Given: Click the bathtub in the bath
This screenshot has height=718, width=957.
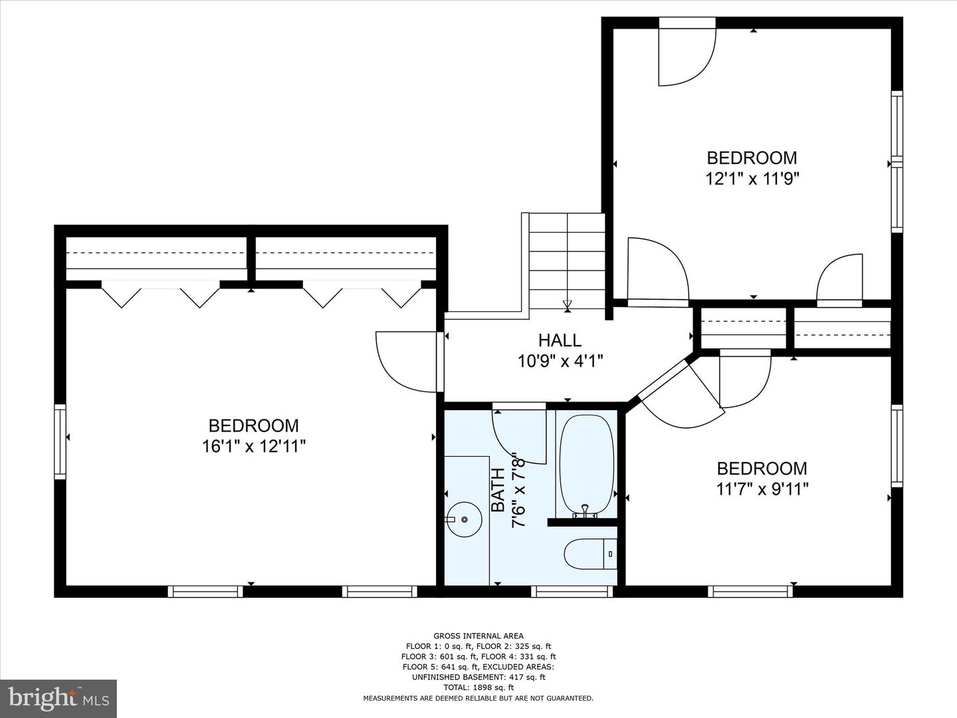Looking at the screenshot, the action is click(586, 465).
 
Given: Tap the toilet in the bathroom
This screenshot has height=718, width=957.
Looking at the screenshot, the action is click(590, 554).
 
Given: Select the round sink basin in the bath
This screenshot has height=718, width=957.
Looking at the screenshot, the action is click(465, 519).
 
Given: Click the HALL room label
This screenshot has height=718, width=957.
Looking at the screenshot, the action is click(560, 340).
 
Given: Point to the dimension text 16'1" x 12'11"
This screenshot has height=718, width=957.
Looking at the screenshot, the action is click(254, 446).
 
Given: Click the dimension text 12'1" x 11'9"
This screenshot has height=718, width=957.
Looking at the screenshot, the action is click(752, 178).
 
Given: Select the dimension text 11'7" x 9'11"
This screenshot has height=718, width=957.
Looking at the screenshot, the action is click(762, 489).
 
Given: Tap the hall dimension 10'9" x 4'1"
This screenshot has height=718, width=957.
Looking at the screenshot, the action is click(560, 361).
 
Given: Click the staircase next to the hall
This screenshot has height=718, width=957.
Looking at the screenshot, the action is click(567, 261).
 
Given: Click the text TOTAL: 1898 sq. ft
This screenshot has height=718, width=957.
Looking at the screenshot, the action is click(478, 687).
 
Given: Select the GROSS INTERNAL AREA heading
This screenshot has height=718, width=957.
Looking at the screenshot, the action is click(478, 636).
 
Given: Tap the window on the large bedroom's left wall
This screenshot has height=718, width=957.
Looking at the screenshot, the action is click(60, 441).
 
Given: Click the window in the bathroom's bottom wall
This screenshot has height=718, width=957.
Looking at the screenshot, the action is click(572, 592).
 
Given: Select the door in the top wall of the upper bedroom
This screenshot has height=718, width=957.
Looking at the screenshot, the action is click(687, 51).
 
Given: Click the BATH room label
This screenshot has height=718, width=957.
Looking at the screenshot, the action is click(498, 491).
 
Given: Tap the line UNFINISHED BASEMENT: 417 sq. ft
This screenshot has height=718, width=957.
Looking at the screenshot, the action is click(478, 677).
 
